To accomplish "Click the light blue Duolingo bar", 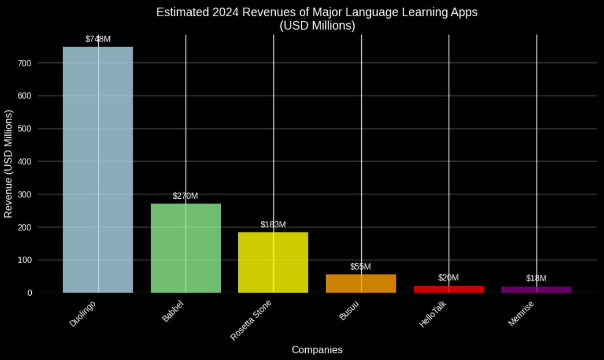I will click(98, 170).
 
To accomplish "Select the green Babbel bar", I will click(185, 248).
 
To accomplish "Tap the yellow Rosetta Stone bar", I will click(273, 262).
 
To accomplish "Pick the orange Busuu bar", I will click(361, 283).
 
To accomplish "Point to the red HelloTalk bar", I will click(448, 289).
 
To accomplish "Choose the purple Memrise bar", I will click(536, 289).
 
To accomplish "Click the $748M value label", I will click(98, 39).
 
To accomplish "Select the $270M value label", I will click(185, 196).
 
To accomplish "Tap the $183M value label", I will click(273, 225).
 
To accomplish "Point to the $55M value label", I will click(361, 267).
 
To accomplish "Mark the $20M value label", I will click(448, 278).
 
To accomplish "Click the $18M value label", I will click(536, 278).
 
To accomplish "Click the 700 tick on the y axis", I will click(25, 63).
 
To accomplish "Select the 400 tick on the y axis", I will click(25, 162).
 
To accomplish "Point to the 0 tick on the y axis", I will click(30, 293).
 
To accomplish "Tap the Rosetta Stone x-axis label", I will click(251, 320).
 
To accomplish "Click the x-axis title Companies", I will click(317, 350).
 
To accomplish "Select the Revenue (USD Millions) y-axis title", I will click(8, 163).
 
